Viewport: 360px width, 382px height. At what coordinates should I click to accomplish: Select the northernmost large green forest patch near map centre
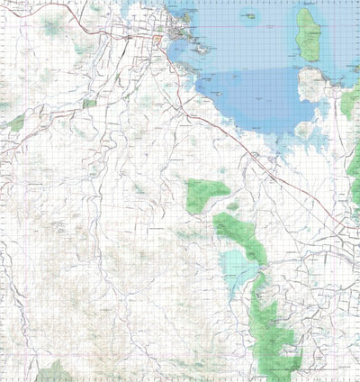(x=207, y=192)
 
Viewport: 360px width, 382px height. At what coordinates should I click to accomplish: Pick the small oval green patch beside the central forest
(x=233, y=206)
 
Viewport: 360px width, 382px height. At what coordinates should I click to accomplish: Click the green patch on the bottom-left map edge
(x=54, y=371)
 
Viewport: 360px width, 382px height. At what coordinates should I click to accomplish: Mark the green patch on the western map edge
(x=16, y=123)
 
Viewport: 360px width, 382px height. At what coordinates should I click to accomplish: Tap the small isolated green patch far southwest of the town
(x=87, y=105)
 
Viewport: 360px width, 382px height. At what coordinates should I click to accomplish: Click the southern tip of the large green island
(x=309, y=59)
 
